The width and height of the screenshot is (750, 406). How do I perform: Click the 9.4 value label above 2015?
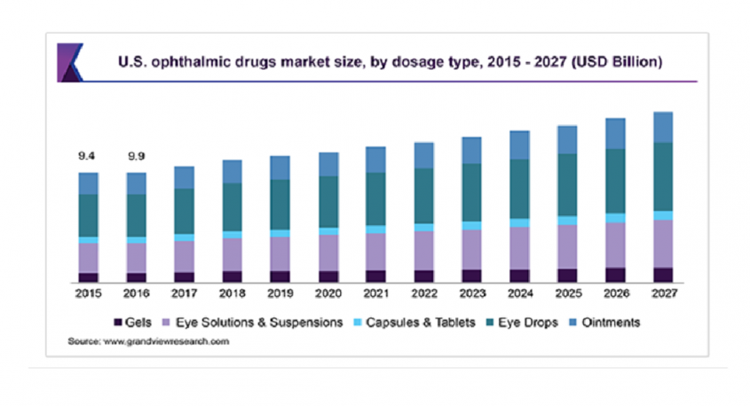87,156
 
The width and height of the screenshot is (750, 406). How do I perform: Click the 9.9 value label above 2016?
136,156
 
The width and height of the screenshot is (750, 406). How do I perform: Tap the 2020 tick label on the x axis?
328,293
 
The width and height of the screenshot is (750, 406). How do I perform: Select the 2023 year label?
472,293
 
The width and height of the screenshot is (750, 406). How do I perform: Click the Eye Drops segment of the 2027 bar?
663,176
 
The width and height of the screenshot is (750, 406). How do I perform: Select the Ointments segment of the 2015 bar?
88,183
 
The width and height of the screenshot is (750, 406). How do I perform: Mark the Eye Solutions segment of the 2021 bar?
376,252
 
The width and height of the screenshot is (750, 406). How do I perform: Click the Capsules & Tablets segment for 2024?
520,223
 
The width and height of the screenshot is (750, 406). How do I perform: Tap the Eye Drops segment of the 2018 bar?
232,207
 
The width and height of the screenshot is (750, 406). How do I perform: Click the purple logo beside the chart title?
70,63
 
